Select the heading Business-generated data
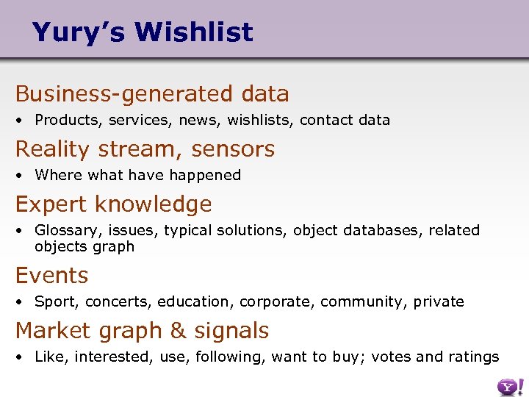pos(152,94)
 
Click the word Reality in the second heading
pos(52,149)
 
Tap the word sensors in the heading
pos(233,149)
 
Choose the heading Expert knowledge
pos(113,204)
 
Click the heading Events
pos(51,276)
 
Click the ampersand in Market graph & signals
pos(178,332)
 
